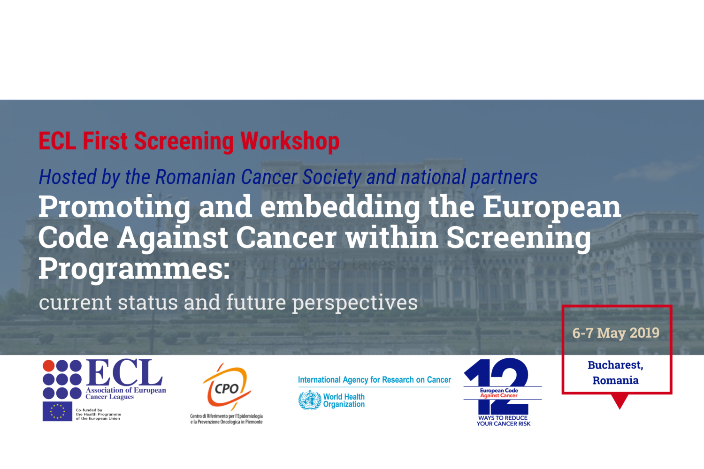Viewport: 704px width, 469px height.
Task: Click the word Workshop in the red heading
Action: coord(290,141)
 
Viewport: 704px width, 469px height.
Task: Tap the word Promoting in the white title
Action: coord(114,207)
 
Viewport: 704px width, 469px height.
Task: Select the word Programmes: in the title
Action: coord(134,269)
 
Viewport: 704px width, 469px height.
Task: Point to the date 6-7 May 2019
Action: coord(616,333)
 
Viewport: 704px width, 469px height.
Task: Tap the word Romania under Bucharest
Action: coord(615,380)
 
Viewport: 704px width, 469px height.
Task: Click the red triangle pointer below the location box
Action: coord(620,401)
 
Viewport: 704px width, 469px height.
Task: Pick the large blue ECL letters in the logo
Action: coord(124,373)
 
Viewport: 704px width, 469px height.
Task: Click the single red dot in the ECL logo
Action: coord(48,366)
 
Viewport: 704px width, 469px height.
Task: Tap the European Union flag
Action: coord(57,411)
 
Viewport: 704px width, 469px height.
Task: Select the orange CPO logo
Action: coord(227,387)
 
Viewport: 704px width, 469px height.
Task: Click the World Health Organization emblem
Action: coord(310,400)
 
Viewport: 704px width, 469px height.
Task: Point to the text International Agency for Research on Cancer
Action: coord(374,380)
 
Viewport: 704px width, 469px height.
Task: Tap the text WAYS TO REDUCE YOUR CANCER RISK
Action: coord(503,421)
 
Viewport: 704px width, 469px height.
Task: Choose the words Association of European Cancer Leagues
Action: coord(125,393)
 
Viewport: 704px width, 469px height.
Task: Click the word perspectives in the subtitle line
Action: coord(355,303)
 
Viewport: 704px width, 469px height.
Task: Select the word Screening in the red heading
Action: coord(184,141)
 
